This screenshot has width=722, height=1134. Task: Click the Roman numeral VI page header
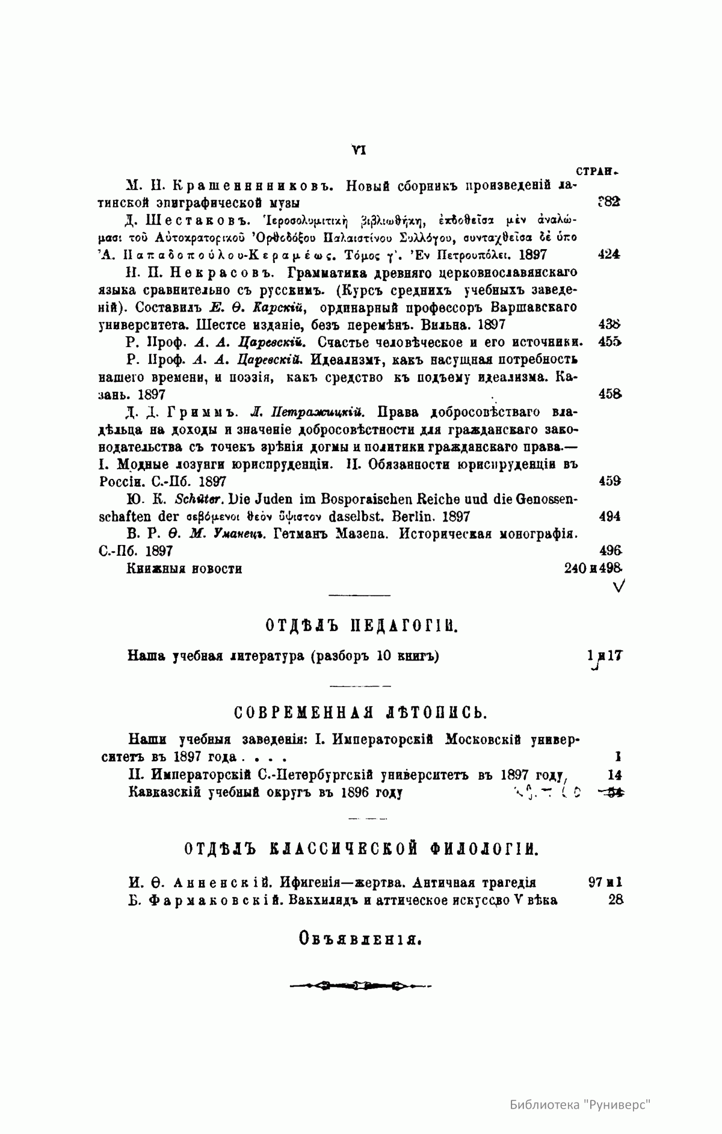pyautogui.click(x=359, y=150)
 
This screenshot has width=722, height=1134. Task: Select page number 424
pyautogui.click(x=609, y=254)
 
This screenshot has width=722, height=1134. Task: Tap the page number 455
pyautogui.click(x=610, y=342)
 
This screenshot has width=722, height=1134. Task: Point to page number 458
pyautogui.click(x=611, y=395)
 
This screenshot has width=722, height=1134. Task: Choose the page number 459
pyautogui.click(x=611, y=481)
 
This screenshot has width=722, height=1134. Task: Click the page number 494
pyautogui.click(x=610, y=516)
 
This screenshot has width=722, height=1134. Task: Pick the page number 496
pyautogui.click(x=611, y=550)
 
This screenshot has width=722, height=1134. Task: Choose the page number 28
pyautogui.click(x=615, y=900)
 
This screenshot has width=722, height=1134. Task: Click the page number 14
pyautogui.click(x=615, y=775)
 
